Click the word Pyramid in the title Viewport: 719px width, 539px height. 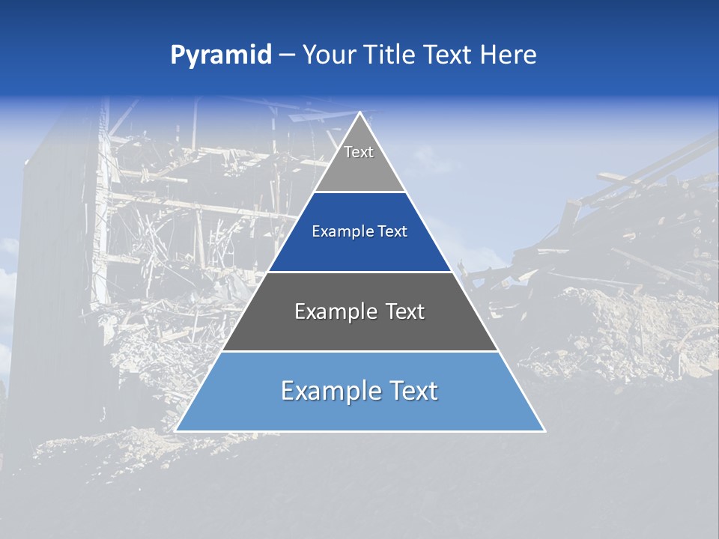click(221, 55)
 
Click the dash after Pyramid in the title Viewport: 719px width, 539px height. click(287, 55)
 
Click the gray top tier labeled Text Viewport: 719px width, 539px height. click(359, 161)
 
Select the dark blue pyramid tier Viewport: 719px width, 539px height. click(359, 243)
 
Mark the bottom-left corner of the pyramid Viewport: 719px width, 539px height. click(176, 430)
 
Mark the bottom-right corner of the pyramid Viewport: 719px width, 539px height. click(544, 430)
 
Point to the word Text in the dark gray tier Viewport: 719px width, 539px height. click(405, 311)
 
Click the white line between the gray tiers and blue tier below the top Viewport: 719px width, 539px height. click(359, 192)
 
